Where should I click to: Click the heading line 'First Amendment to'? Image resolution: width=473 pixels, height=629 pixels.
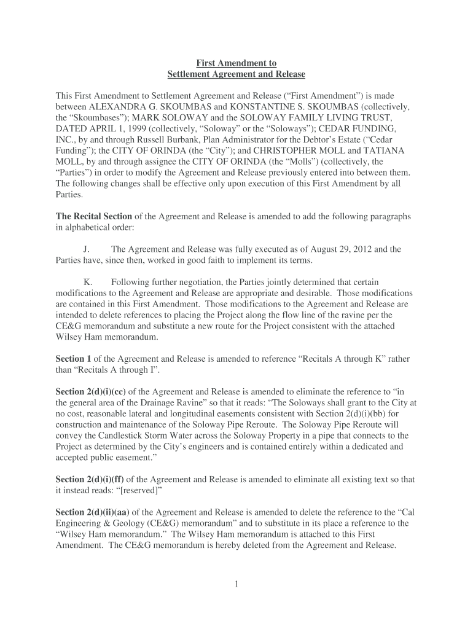(236, 63)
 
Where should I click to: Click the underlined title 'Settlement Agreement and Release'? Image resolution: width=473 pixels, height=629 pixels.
(236, 74)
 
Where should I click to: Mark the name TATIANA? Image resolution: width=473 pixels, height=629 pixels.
(385, 150)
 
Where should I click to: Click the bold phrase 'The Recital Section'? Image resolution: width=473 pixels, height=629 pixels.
(94, 216)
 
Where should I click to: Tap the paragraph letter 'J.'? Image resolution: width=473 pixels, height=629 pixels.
(87, 249)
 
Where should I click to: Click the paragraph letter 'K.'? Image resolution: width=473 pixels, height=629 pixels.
(88, 282)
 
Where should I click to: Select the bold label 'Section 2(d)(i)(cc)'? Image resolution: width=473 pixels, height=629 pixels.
(92, 392)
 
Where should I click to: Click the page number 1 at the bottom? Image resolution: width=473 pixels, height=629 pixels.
(236, 584)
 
